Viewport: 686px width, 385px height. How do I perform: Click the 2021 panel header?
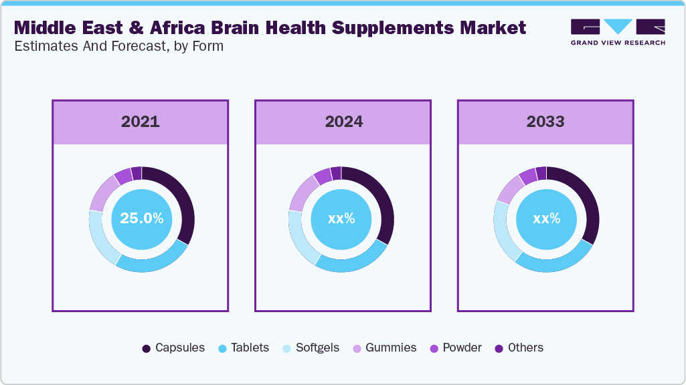[141, 122]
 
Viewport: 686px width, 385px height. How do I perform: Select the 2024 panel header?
[343, 122]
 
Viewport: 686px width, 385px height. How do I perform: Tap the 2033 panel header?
[545, 122]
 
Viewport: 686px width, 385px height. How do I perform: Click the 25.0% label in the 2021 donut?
[141, 219]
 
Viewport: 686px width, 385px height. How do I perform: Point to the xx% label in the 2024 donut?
[341, 219]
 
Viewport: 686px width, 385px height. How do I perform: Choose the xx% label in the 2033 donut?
[546, 219]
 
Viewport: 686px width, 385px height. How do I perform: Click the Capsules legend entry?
[173, 348]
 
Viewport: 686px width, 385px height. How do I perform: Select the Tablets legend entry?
[244, 348]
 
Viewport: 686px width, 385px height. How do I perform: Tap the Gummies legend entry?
[385, 348]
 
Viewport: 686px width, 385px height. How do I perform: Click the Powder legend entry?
[456, 348]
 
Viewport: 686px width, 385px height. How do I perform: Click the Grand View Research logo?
[617, 31]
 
